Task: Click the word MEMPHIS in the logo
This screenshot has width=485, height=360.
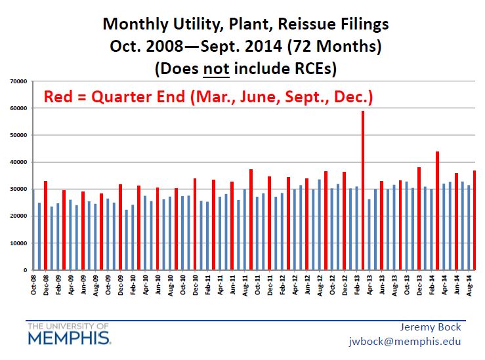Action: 69,338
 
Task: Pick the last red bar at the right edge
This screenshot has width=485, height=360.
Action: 474,220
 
